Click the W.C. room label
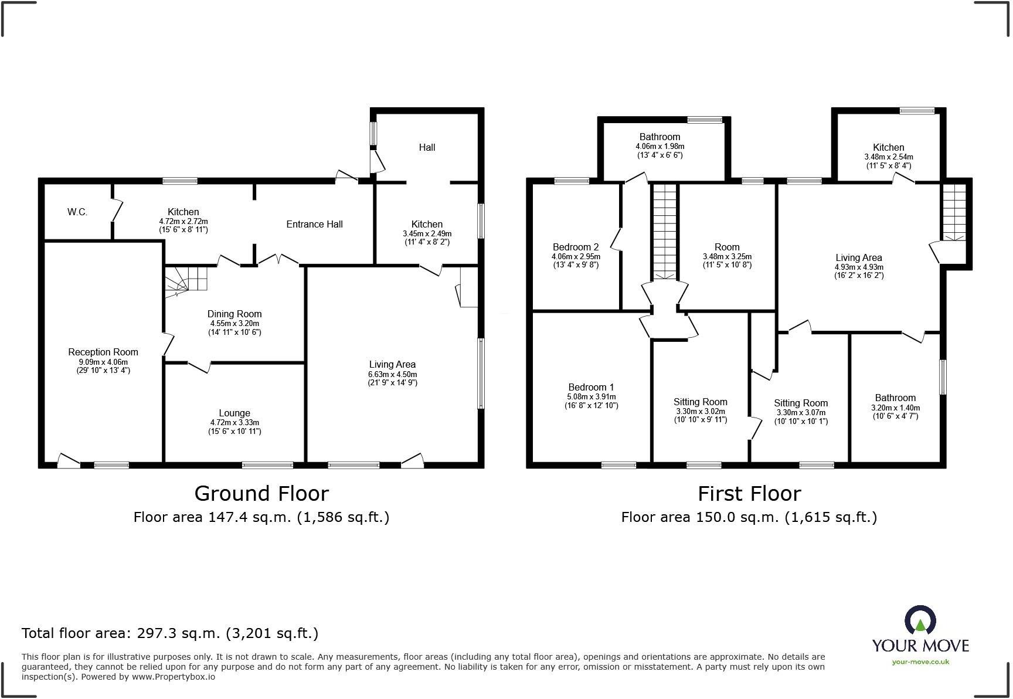(x=77, y=212)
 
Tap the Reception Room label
(x=103, y=352)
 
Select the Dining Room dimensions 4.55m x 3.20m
(x=234, y=323)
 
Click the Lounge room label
(x=234, y=413)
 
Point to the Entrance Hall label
(x=315, y=224)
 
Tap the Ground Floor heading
(x=261, y=494)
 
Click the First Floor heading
(x=749, y=494)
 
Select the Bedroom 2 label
(x=576, y=247)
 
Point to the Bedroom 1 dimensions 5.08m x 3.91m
(x=592, y=397)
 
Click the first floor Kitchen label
(x=889, y=147)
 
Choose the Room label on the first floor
(x=727, y=247)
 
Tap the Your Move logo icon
(x=920, y=620)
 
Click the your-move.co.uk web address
(x=920, y=661)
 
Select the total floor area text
(x=170, y=633)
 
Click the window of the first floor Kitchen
(x=917, y=110)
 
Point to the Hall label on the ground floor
(x=427, y=147)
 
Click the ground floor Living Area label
(x=392, y=365)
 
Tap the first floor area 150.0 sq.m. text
(x=749, y=517)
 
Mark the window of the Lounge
(x=268, y=465)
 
